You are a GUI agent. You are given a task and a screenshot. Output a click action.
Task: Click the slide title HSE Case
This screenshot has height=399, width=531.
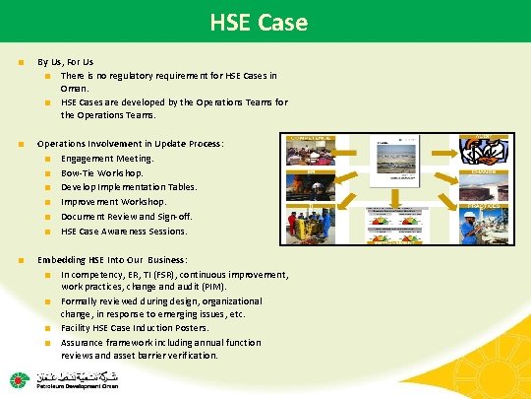265,22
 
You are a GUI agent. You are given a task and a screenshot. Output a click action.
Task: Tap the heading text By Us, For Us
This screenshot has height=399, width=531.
67,61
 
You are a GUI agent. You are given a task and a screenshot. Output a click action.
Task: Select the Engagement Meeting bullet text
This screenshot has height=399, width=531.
107,158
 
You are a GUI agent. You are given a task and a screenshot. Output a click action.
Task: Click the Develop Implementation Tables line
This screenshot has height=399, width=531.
129,186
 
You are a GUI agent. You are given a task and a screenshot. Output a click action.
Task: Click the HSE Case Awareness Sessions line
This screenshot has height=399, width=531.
123,231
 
